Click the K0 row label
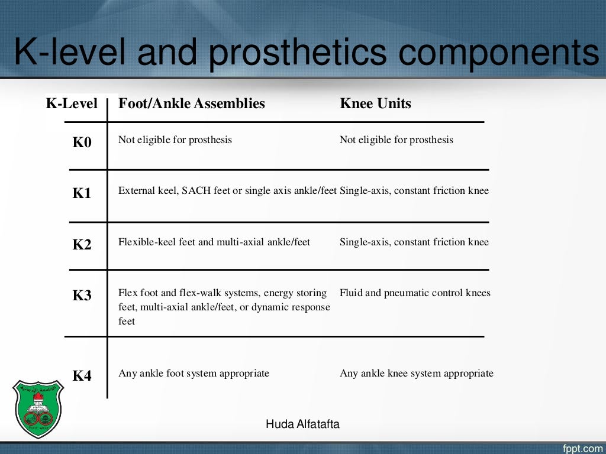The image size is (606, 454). (x=82, y=142)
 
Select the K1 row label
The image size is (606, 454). (x=82, y=193)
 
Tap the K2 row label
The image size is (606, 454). (x=82, y=244)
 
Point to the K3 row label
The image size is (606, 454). (x=82, y=296)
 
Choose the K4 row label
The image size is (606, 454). (x=82, y=375)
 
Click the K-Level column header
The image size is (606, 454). (x=72, y=104)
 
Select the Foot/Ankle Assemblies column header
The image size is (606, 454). (x=192, y=104)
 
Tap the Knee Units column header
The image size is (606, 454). (x=375, y=104)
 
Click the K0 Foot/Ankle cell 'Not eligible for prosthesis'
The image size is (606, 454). (x=175, y=140)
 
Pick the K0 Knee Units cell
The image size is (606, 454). (x=397, y=140)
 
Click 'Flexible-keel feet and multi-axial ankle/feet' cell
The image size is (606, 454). (x=214, y=242)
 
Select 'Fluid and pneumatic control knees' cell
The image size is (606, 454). (x=415, y=293)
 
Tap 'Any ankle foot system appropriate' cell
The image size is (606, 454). (x=194, y=373)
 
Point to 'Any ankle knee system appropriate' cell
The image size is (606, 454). (x=417, y=373)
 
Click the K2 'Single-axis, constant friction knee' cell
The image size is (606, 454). (x=414, y=242)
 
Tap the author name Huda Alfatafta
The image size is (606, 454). (x=302, y=424)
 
